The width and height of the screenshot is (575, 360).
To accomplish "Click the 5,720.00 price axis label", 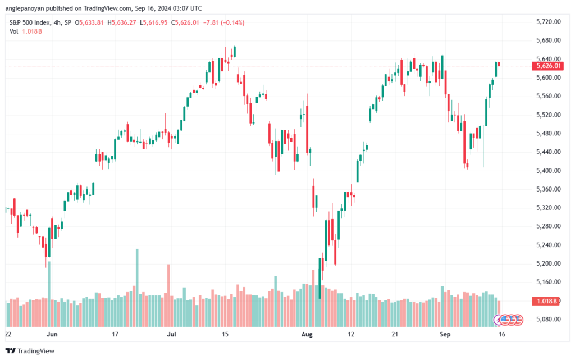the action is (548, 22).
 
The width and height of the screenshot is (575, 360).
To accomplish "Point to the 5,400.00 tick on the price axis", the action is (548, 171).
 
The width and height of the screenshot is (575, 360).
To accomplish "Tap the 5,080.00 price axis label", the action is (548, 320).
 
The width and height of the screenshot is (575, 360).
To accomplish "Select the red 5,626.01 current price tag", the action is (548, 66).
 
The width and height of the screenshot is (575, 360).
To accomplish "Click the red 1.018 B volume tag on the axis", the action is (546, 301).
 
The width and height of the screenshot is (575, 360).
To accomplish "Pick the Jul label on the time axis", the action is (171, 334).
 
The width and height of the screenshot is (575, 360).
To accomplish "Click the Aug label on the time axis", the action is (307, 334).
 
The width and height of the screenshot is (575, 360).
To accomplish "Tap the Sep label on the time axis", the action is (445, 334).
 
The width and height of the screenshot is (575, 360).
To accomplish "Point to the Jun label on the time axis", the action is (52, 334).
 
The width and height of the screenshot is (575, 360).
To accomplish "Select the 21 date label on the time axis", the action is (395, 334).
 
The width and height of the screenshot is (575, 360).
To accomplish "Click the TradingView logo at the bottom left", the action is (30, 351).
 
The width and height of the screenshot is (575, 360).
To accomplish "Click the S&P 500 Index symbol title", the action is (30, 22).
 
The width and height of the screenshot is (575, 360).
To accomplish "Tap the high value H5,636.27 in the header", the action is (122, 22).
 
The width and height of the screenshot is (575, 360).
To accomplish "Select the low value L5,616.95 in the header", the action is (153, 22).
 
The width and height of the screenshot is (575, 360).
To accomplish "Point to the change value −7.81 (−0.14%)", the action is (223, 22).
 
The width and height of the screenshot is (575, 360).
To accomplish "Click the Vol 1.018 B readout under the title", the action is (26, 31).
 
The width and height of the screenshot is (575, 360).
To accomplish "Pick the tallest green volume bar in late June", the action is (137, 288).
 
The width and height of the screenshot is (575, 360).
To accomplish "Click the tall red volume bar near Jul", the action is (168, 295).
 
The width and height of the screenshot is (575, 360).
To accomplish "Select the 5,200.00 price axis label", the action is (548, 263).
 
